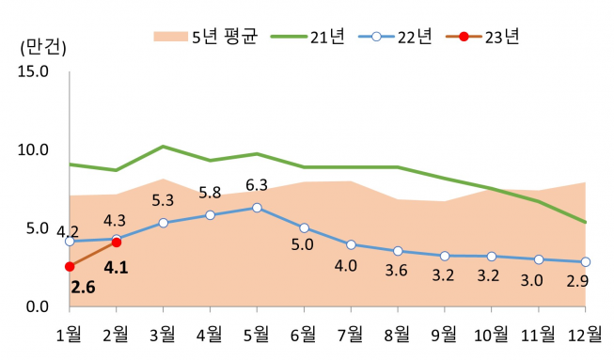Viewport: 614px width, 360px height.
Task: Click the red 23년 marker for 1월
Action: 70,267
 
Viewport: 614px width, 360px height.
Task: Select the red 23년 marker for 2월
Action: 117,243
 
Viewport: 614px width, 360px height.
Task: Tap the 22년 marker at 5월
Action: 257,208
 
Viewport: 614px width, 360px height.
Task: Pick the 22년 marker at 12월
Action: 585,261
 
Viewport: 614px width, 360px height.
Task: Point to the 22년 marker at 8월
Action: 398,251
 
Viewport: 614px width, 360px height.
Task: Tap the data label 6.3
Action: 257,185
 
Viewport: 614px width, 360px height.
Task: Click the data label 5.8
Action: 210,193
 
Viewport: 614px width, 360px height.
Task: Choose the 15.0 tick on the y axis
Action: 32,70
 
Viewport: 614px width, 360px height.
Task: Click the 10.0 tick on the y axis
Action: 32,149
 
